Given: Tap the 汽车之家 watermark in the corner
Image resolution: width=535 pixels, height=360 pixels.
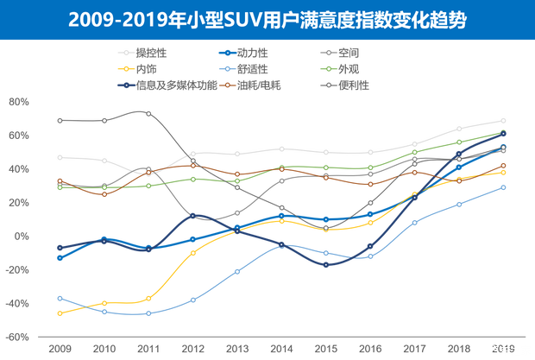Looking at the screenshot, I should point(510,350).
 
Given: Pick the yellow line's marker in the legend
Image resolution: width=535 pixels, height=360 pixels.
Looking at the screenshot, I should point(126,68).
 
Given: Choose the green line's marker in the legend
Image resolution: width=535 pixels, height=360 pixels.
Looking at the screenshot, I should point(326,68).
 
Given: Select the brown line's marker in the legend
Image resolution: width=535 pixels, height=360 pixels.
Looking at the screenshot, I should point(226,85).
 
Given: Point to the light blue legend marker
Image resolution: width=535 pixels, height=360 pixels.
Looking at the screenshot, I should point(226,68).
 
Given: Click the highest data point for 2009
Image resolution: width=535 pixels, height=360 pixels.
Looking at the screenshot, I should point(60,120).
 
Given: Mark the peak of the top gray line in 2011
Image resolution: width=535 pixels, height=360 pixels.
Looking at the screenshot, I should point(148,113).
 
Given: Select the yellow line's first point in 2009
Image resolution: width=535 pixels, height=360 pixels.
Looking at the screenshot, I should point(60,313).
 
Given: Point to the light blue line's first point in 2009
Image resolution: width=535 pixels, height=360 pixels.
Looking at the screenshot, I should point(60,298).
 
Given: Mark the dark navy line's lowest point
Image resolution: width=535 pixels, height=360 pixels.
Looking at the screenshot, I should point(326,265).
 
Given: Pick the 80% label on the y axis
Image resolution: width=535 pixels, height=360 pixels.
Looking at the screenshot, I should point(19,103).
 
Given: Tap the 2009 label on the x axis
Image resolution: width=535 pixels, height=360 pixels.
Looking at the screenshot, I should point(60,347).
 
